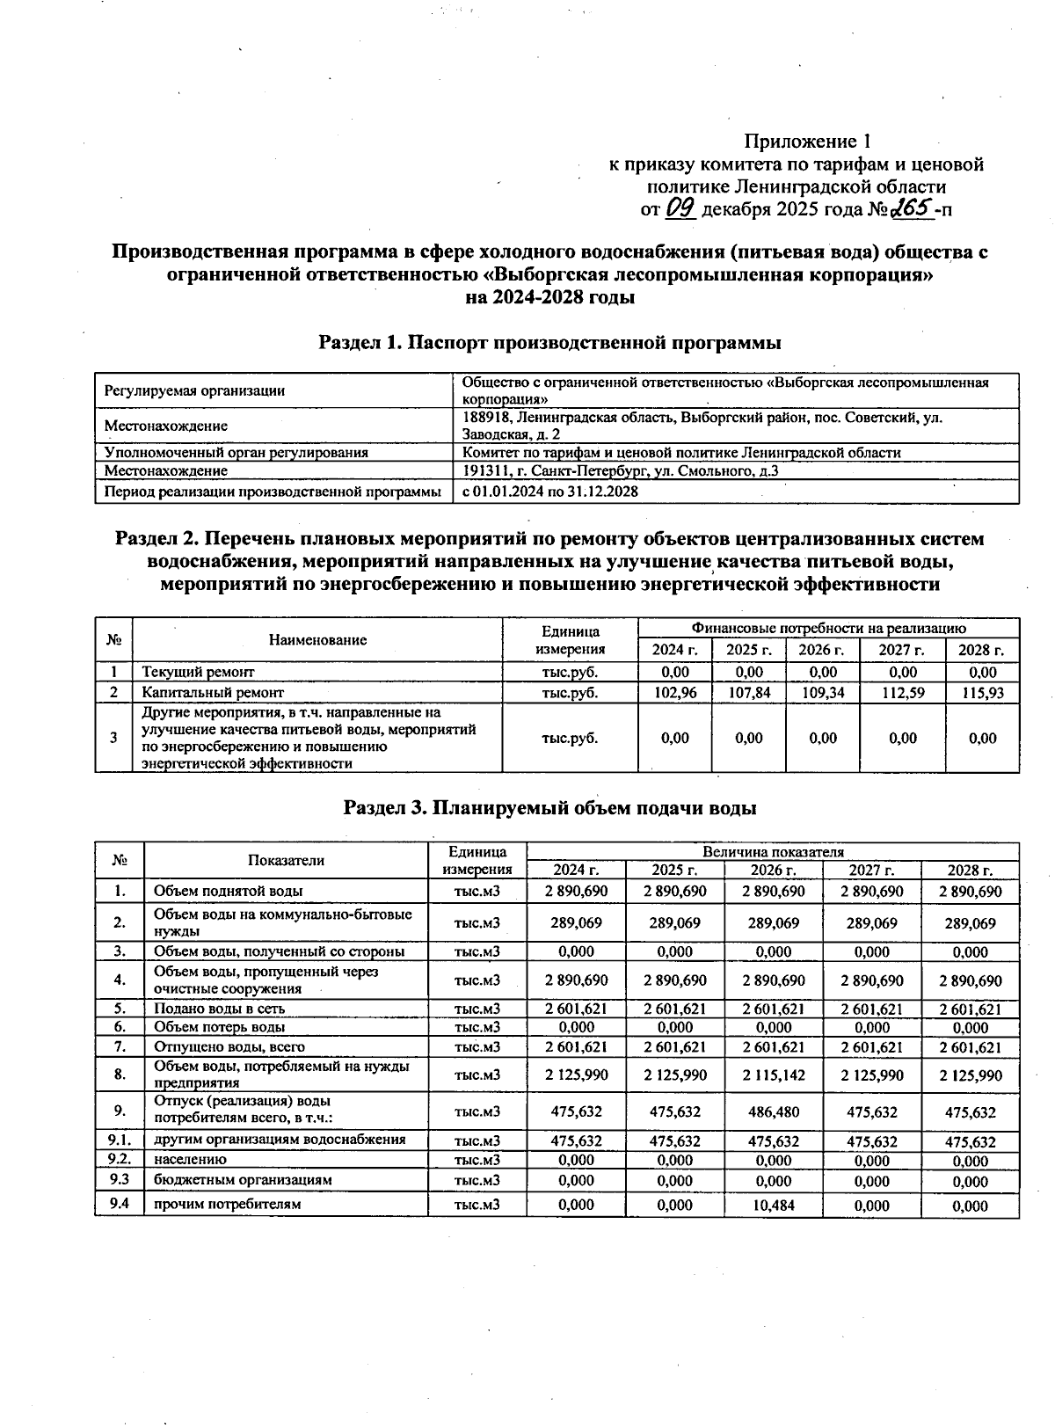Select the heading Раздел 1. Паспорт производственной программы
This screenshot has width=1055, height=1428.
pos(549,341)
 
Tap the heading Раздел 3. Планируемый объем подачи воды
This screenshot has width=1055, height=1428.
pos(549,807)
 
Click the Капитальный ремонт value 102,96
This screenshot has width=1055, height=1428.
pos(675,693)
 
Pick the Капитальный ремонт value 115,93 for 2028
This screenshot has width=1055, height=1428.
pos(982,693)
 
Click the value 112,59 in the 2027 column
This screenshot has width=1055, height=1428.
pos(903,693)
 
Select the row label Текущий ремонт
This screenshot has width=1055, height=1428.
pos(198,673)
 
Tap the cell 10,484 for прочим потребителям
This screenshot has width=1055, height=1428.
pos(774,1206)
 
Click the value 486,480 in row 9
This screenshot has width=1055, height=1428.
pos(774,1111)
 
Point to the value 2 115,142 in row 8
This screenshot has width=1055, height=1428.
pos(774,1075)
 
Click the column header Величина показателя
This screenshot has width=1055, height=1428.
pos(773,852)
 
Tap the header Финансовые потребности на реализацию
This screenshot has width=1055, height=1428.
pos(828,629)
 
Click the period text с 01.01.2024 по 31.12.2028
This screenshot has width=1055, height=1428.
pos(550,492)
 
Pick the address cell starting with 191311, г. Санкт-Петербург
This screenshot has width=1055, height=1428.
pos(620,471)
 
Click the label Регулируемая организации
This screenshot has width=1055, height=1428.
pos(194,390)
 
